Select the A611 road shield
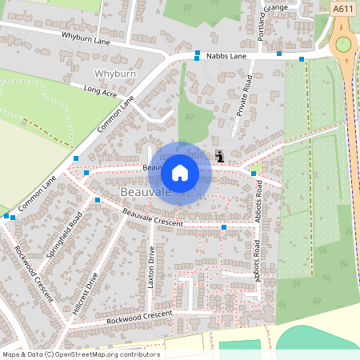pos(342,8)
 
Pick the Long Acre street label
pos(99,94)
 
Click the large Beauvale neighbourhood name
pos(145,194)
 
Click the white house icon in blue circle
pos(180,173)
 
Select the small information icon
pos(220,157)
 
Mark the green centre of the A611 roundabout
pos(345,45)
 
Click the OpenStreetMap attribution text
pos(80,354)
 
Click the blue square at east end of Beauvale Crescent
pos(224,229)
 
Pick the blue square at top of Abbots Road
pos(253,174)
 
